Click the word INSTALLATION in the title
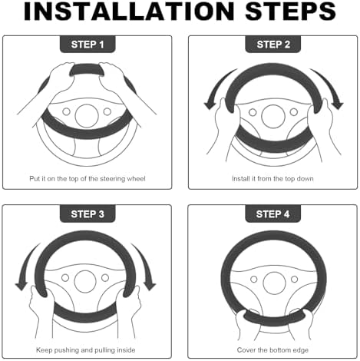click(x=129, y=12)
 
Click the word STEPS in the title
click(x=290, y=12)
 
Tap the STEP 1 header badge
click(x=88, y=45)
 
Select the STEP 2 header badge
click(x=273, y=45)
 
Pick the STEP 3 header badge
click(x=88, y=214)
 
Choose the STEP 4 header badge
click(x=272, y=214)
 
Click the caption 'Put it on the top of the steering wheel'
click(x=88, y=178)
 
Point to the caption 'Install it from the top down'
click(x=272, y=178)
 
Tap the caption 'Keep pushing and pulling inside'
click(x=86, y=350)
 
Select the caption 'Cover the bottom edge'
click(x=272, y=350)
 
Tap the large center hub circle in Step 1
click(x=87, y=116)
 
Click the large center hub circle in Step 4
click(x=274, y=283)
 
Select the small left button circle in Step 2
click(x=253, y=112)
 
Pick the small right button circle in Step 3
click(x=105, y=278)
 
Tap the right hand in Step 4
click(x=302, y=323)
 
